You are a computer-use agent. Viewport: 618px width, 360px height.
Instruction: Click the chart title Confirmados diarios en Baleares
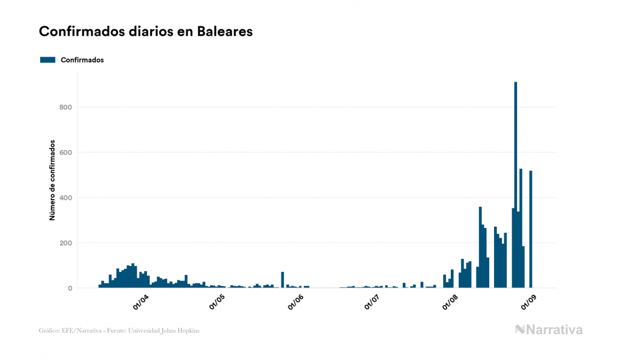(x=146, y=32)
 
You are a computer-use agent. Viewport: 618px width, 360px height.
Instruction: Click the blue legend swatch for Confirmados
(x=48, y=60)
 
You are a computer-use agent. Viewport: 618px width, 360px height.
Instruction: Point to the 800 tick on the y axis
(x=66, y=107)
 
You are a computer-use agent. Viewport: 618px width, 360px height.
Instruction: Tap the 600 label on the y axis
(x=66, y=153)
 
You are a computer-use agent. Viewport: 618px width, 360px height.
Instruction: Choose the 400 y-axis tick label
(x=66, y=198)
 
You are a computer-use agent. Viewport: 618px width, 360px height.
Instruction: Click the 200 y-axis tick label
(x=66, y=243)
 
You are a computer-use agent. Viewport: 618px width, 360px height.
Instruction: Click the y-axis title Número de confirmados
(x=52, y=181)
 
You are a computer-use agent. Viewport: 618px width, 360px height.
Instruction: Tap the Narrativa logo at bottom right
(x=549, y=330)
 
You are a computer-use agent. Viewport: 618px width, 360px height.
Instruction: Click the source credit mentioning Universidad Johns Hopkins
(x=119, y=331)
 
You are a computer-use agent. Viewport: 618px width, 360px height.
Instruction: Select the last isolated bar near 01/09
(x=531, y=230)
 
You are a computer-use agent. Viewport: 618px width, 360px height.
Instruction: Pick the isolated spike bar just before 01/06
(x=283, y=280)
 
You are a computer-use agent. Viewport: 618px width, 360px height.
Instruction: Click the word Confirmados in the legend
(x=82, y=60)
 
